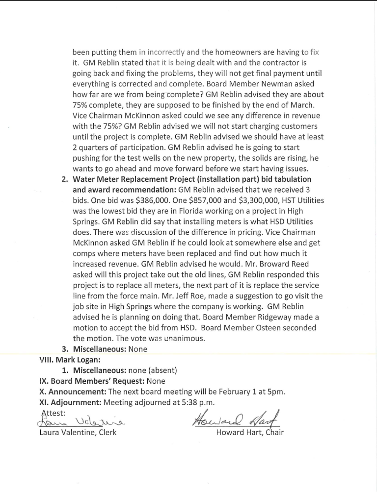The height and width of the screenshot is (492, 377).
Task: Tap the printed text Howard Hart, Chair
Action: (x=250, y=433)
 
